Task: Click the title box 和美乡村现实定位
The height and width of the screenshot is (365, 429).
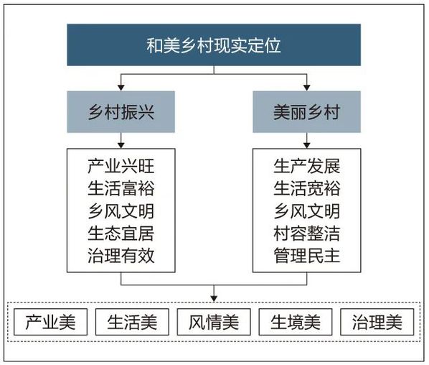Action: click(214, 45)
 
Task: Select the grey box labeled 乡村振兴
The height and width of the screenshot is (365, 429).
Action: click(121, 112)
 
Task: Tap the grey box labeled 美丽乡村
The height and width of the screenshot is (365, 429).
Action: click(307, 112)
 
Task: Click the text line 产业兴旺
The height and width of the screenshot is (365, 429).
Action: click(121, 166)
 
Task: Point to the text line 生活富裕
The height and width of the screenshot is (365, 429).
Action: click(121, 188)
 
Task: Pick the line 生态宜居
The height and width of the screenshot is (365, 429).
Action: click(121, 234)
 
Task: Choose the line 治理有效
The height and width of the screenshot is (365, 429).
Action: click(121, 256)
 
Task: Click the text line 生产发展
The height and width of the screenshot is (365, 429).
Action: click(307, 166)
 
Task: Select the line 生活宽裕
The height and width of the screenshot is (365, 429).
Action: click(307, 188)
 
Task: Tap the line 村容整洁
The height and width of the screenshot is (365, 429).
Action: click(307, 234)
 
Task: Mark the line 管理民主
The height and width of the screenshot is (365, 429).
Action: click(307, 256)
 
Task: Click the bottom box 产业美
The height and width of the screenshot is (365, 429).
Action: click(51, 322)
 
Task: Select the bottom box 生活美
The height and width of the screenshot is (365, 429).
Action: click(132, 322)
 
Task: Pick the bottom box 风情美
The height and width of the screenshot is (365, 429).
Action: click(214, 322)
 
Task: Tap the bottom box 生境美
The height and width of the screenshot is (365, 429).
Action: click(296, 322)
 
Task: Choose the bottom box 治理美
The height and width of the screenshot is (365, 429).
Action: click(377, 322)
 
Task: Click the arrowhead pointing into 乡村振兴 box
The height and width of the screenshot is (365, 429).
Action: click(121, 88)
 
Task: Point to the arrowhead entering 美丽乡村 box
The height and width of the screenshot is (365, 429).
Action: click(307, 88)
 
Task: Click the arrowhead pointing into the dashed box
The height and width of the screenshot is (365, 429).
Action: click(214, 299)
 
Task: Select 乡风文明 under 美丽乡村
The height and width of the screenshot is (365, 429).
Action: click(307, 211)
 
